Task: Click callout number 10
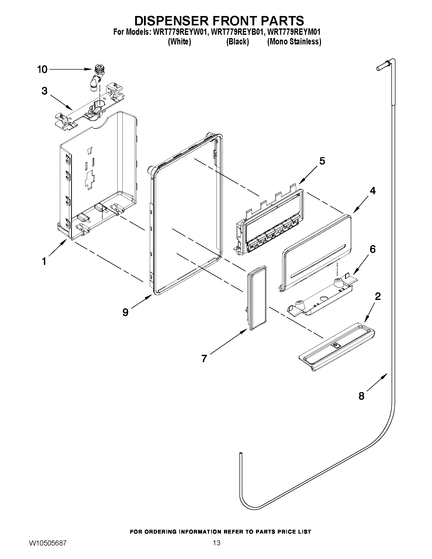click(x=42, y=69)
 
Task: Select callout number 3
click(x=45, y=91)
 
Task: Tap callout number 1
click(x=44, y=261)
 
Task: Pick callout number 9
click(x=125, y=312)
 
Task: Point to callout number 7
click(x=204, y=358)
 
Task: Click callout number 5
click(x=322, y=161)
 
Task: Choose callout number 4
click(x=373, y=191)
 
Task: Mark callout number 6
click(x=373, y=249)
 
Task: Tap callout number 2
click(x=377, y=296)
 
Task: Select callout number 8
click(x=361, y=396)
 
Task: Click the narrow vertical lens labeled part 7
click(x=257, y=298)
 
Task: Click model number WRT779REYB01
click(x=237, y=32)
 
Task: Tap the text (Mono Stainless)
click(x=294, y=42)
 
